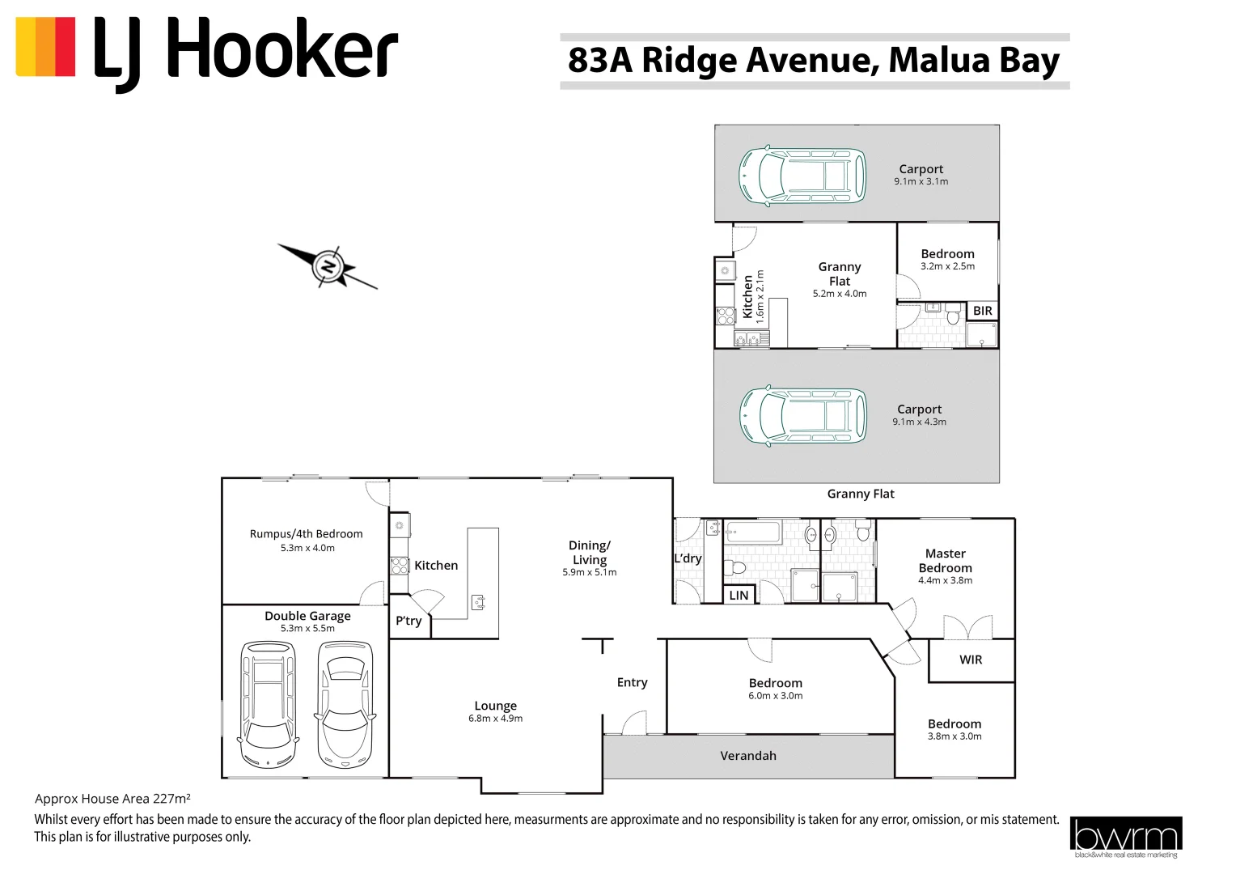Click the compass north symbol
coord(328,266)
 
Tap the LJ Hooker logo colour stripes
coord(45,47)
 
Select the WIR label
coord(971,660)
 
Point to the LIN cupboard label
coord(739,596)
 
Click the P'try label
coord(408,621)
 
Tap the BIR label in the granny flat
coord(982,311)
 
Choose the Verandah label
coord(748,756)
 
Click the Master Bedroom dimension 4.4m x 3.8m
coord(945,580)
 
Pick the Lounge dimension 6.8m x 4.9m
coord(495,719)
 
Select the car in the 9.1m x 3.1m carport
coord(802,175)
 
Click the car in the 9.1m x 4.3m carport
coord(802,415)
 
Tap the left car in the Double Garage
coord(269,704)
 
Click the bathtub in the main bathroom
coord(753,532)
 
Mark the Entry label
coord(632,682)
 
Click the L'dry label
coord(688,558)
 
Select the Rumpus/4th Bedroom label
coord(306,534)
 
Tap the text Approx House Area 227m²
coord(112,799)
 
